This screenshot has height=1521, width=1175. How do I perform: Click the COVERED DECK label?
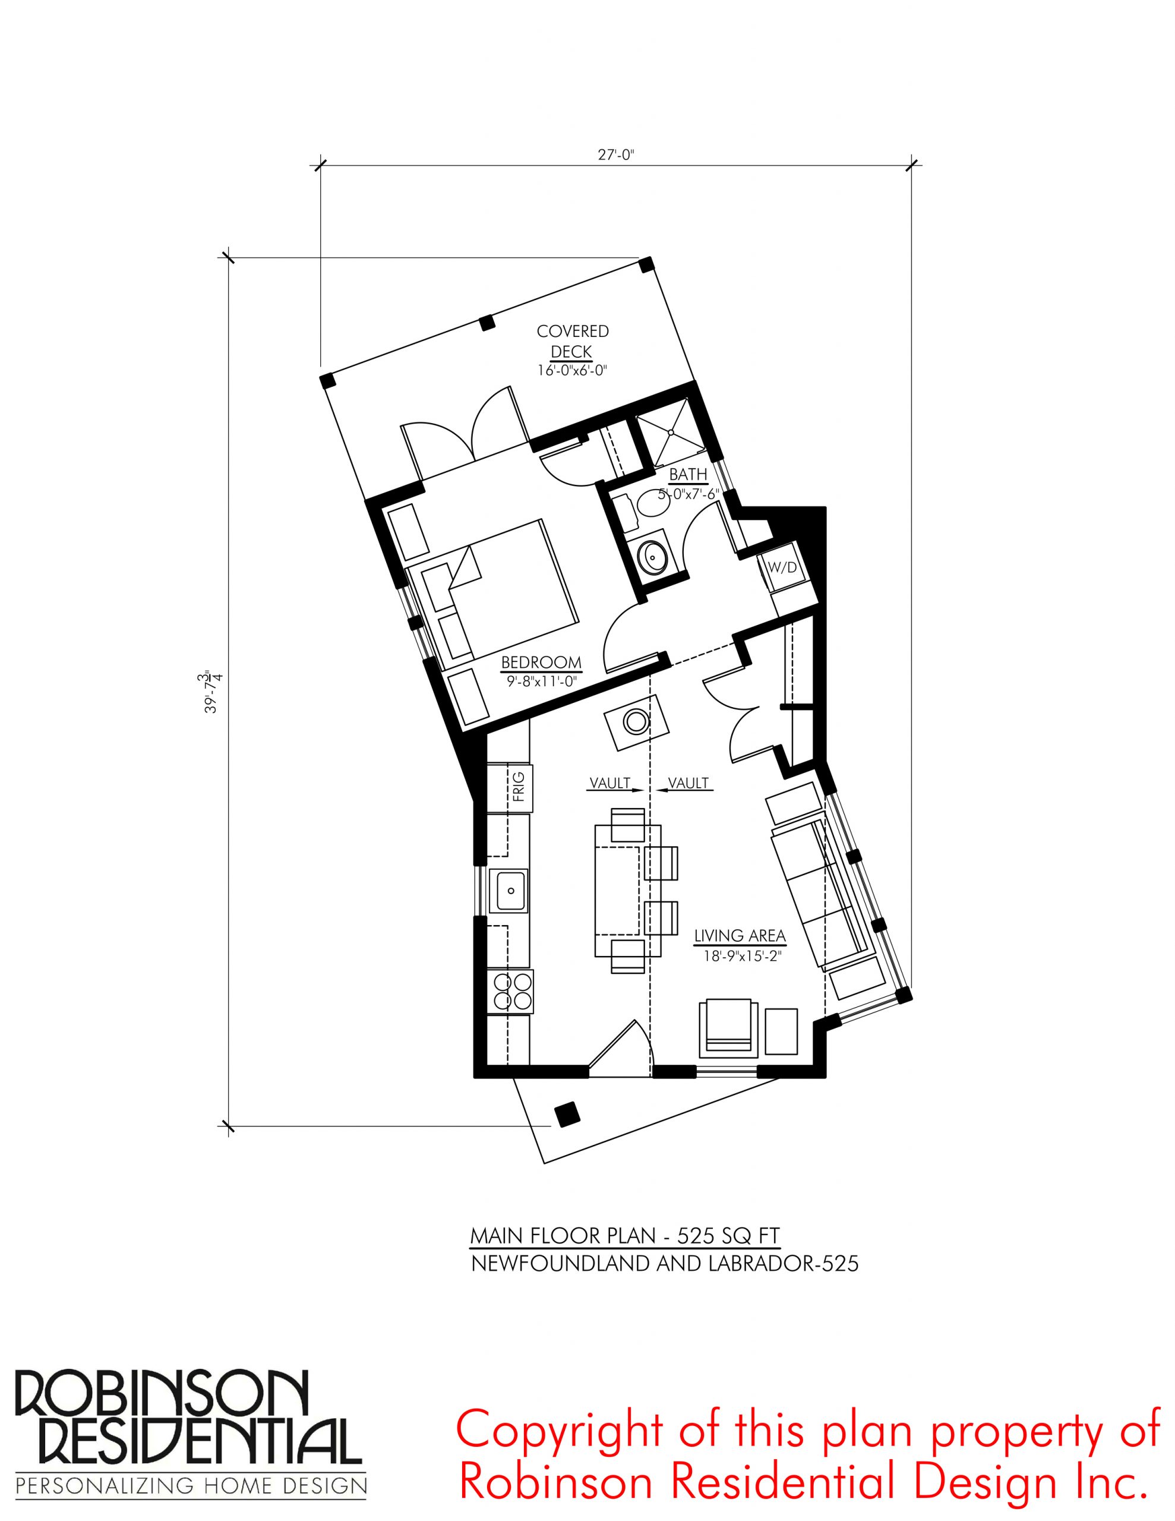point(573,341)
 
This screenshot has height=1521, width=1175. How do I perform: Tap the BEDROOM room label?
point(541,662)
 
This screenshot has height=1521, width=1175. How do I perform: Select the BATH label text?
point(688,474)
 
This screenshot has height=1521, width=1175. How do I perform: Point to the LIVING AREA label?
point(740,935)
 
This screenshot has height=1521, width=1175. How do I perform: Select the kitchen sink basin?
point(509,890)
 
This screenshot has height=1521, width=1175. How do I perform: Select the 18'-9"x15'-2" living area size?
point(739,957)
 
